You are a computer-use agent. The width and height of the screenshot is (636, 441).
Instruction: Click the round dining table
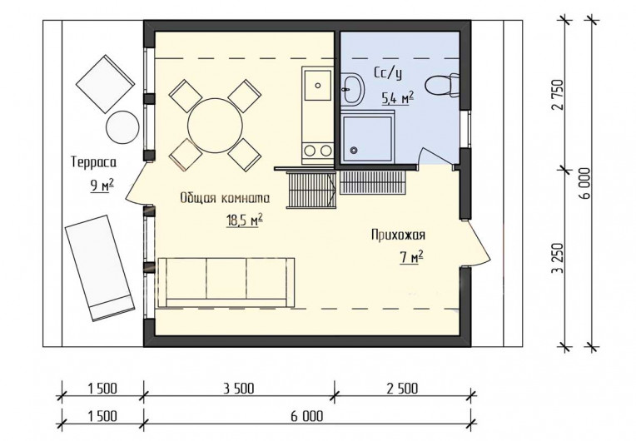pos(215,126)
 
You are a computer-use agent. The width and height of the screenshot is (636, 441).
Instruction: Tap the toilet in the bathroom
pos(442,86)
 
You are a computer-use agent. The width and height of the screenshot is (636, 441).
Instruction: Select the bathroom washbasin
pos(351,88)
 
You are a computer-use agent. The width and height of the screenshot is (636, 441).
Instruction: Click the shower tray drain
pos(355,150)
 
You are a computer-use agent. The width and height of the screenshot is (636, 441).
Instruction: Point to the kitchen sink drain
pos(318,86)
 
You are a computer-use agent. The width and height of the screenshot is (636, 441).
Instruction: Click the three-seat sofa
pos(226,282)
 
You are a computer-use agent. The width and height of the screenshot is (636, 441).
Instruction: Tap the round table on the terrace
pos(122,126)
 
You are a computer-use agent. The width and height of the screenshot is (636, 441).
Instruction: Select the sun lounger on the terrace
pos(99,268)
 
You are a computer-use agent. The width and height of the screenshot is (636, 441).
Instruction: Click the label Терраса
pos(94,162)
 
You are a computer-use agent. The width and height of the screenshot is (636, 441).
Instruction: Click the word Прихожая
pos(398,235)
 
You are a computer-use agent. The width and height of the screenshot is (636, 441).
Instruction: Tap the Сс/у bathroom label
pos(388,73)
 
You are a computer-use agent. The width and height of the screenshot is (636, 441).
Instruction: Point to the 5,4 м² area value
pos(397,97)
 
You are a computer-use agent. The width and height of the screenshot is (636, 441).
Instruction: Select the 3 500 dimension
pos(238,389)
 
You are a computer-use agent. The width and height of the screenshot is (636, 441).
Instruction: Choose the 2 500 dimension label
pos(402,389)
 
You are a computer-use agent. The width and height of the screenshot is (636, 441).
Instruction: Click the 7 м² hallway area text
pos(411,257)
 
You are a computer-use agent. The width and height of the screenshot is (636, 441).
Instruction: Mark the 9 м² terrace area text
pos(102,186)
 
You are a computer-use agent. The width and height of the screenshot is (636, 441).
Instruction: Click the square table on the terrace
pos(106,84)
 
